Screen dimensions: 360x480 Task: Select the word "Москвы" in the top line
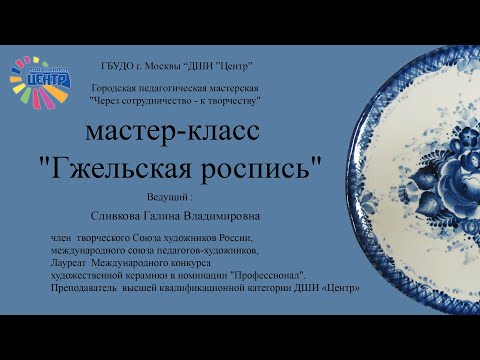[164, 65]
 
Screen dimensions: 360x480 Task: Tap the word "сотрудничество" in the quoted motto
[157, 101]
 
